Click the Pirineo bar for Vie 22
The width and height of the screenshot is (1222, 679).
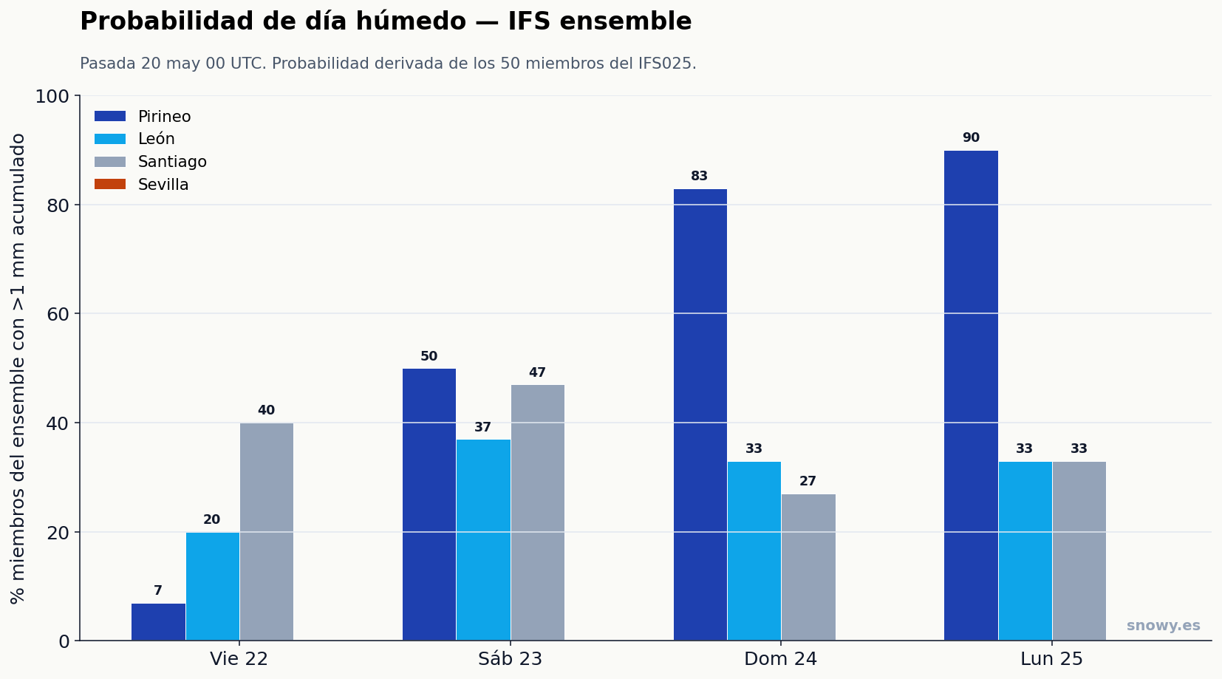pyautogui.click(x=158, y=621)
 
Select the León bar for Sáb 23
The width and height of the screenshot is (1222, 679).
pyautogui.click(x=483, y=540)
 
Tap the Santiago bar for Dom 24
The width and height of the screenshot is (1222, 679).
pyautogui.click(x=808, y=567)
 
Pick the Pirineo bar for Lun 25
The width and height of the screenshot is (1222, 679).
pyautogui.click(x=971, y=395)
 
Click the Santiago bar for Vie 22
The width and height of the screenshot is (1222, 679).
pyautogui.click(x=267, y=532)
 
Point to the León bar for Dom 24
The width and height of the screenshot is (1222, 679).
pyautogui.click(x=754, y=551)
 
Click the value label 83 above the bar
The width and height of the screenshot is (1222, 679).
pyautogui.click(x=699, y=176)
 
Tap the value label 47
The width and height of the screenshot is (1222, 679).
pyautogui.click(x=537, y=372)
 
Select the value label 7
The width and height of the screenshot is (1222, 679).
pyautogui.click(x=158, y=590)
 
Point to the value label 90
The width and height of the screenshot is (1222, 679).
pyautogui.click(x=971, y=137)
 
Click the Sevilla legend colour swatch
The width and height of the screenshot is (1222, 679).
pyautogui.click(x=110, y=184)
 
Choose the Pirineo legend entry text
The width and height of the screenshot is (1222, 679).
pyautogui.click(x=164, y=117)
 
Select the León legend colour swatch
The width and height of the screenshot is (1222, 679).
pyautogui.click(x=110, y=139)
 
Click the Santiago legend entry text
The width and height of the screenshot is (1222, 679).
pyautogui.click(x=172, y=162)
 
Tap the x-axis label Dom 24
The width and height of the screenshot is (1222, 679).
pyautogui.click(x=781, y=659)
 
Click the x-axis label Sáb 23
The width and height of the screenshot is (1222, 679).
pyautogui.click(x=510, y=659)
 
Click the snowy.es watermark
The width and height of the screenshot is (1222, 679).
pyautogui.click(x=1164, y=626)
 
